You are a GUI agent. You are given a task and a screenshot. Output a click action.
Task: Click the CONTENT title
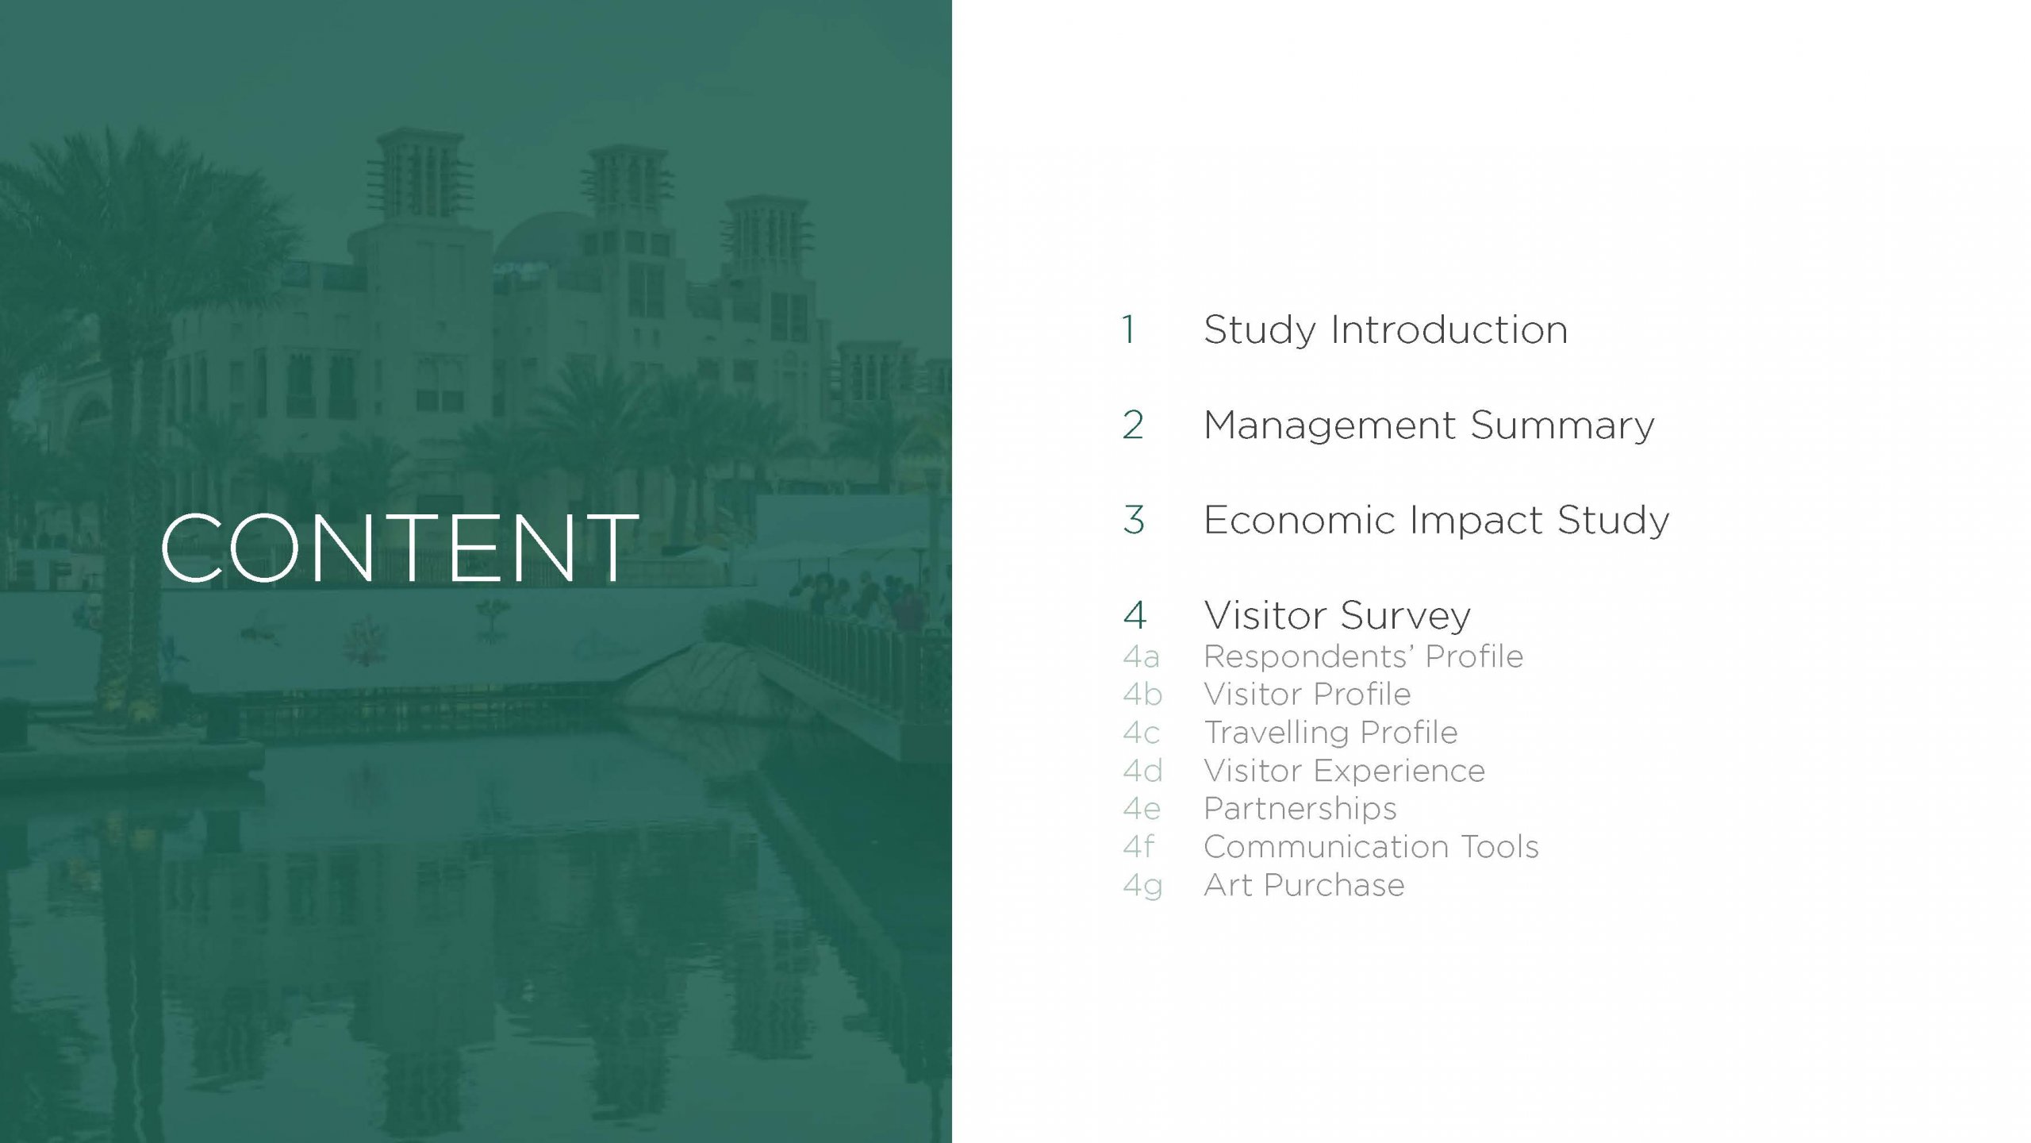click(399, 548)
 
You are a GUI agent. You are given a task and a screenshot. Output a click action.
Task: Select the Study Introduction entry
click(1385, 330)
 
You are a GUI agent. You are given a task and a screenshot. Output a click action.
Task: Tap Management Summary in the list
click(1429, 425)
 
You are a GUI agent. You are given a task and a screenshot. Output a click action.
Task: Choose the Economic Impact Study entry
click(1436, 521)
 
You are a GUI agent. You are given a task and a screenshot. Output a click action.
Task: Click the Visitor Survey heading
click(1337, 616)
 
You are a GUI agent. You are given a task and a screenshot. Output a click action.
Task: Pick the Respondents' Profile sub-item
click(1363, 656)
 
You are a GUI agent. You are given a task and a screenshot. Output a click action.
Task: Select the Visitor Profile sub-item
click(1307, 695)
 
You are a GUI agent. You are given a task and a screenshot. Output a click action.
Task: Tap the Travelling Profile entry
click(1330, 733)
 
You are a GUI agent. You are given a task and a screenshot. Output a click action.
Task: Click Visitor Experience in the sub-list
click(1344, 771)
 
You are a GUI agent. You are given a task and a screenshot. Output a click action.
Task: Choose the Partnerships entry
click(1300, 809)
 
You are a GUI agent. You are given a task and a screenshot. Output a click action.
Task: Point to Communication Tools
click(1371, 847)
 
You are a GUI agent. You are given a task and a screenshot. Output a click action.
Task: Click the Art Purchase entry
click(1303, 885)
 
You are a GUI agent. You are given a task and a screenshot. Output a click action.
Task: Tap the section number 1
click(1128, 330)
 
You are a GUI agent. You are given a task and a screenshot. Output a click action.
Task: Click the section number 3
click(1134, 521)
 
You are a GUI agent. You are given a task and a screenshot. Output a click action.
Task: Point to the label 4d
click(1142, 771)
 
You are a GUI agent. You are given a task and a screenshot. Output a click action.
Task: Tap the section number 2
click(1133, 425)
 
